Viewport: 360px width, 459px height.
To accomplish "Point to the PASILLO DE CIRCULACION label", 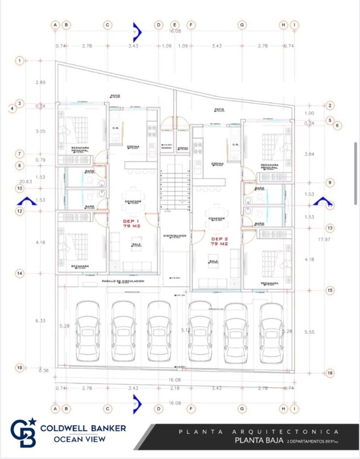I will point(122,281).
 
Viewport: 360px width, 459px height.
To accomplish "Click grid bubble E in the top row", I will point(175,25).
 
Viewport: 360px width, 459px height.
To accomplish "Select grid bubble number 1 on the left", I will point(20,60).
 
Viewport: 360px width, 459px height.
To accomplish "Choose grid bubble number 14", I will point(20,274).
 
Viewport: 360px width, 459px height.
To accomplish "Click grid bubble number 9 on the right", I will point(330,182).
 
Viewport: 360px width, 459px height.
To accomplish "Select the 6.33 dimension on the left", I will point(40,321).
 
